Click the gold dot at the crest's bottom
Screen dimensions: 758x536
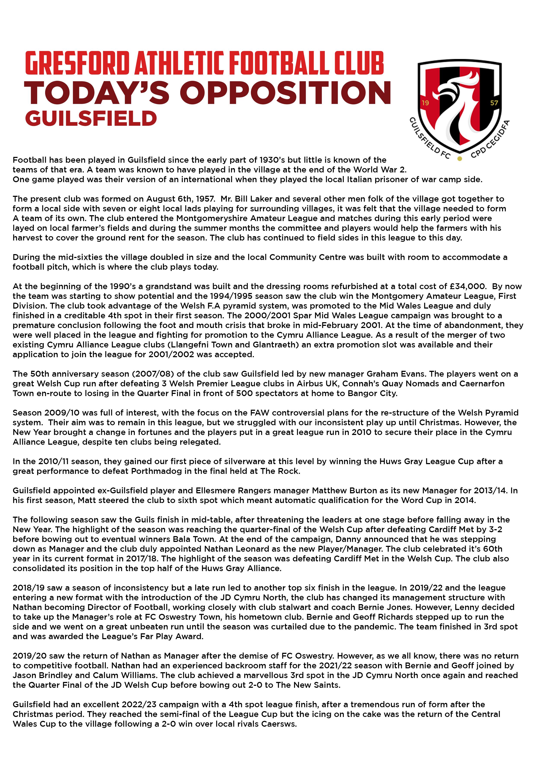click(459, 159)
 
